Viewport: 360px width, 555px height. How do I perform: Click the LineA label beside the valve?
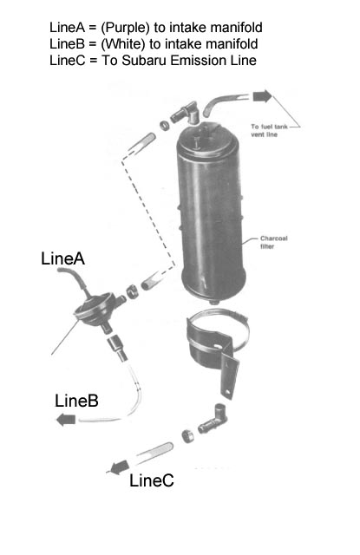click(62, 258)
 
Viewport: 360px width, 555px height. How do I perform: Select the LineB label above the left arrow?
click(76, 401)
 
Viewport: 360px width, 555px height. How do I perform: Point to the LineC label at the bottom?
click(152, 480)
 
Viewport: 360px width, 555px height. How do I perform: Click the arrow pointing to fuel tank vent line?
click(262, 96)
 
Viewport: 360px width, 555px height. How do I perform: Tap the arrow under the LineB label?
click(66, 420)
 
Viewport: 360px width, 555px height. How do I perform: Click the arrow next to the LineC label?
click(119, 467)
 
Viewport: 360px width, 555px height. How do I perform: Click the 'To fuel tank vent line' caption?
click(269, 130)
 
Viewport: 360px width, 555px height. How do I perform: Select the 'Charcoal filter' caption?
click(273, 242)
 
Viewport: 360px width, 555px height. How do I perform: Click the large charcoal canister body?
click(212, 212)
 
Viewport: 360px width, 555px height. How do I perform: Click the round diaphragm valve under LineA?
click(95, 309)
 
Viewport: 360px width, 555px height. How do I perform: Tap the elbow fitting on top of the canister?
click(186, 113)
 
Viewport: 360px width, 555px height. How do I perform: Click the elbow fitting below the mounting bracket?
click(213, 419)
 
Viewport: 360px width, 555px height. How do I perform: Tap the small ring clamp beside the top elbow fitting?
click(164, 125)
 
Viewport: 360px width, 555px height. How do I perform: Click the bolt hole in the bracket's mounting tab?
click(227, 391)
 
